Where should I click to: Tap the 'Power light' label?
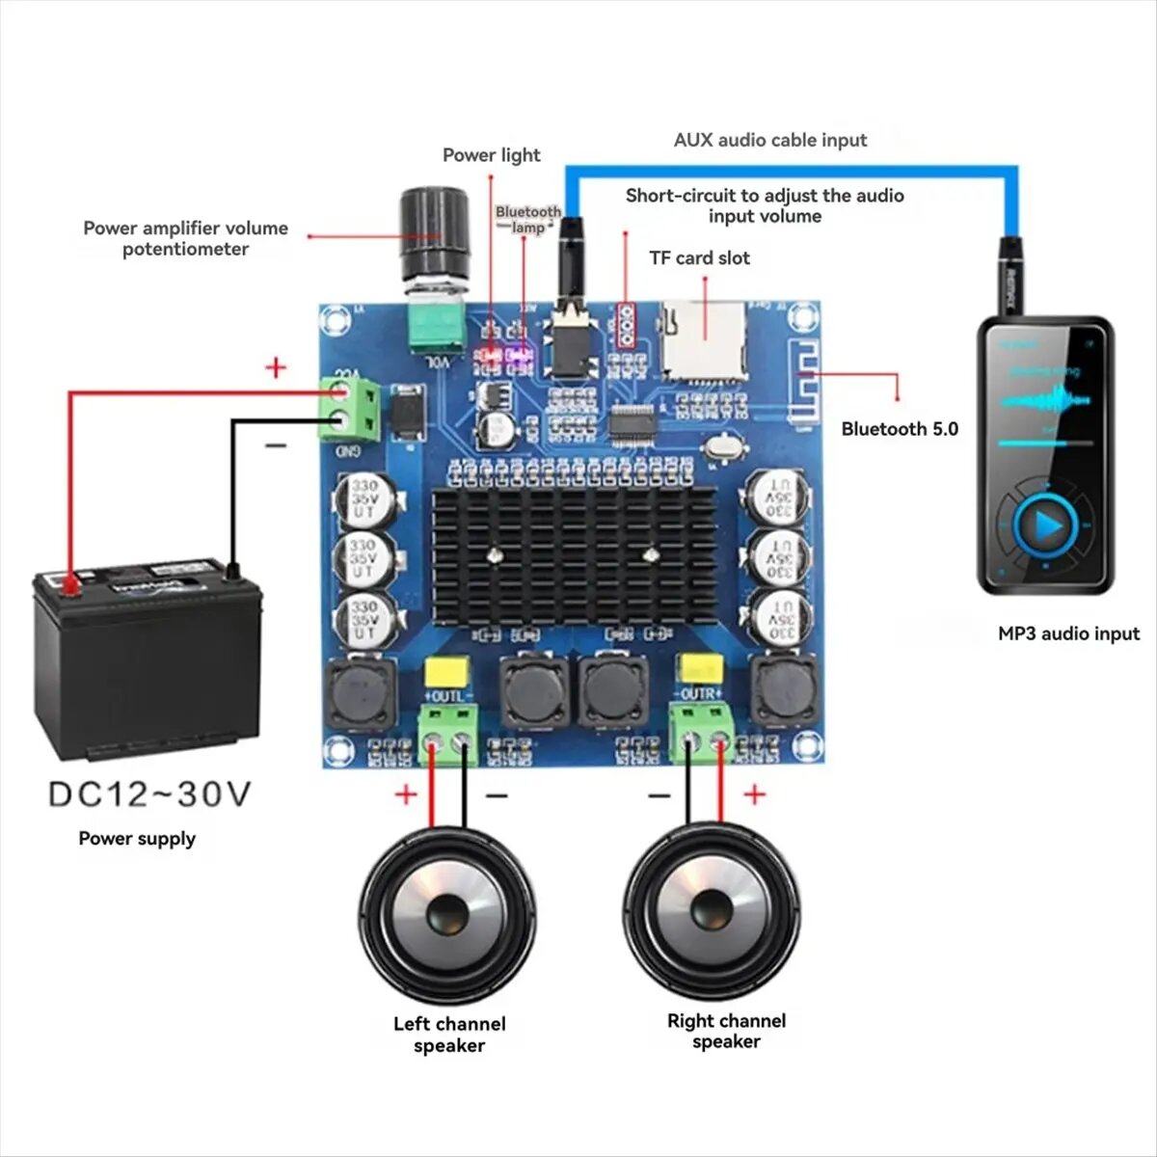[x=491, y=155]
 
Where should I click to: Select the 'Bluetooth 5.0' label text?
[x=900, y=429]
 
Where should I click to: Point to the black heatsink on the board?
[x=575, y=555]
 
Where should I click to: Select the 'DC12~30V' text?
[x=149, y=794]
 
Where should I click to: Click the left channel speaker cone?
[x=448, y=911]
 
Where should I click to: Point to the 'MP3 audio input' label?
[x=1068, y=633]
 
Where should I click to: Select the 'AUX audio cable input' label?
[x=769, y=140]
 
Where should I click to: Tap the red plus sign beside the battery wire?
[x=277, y=367]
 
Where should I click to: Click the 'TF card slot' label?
[x=699, y=257]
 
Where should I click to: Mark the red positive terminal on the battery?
[x=68, y=584]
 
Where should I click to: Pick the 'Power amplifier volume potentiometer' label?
[x=185, y=238]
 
